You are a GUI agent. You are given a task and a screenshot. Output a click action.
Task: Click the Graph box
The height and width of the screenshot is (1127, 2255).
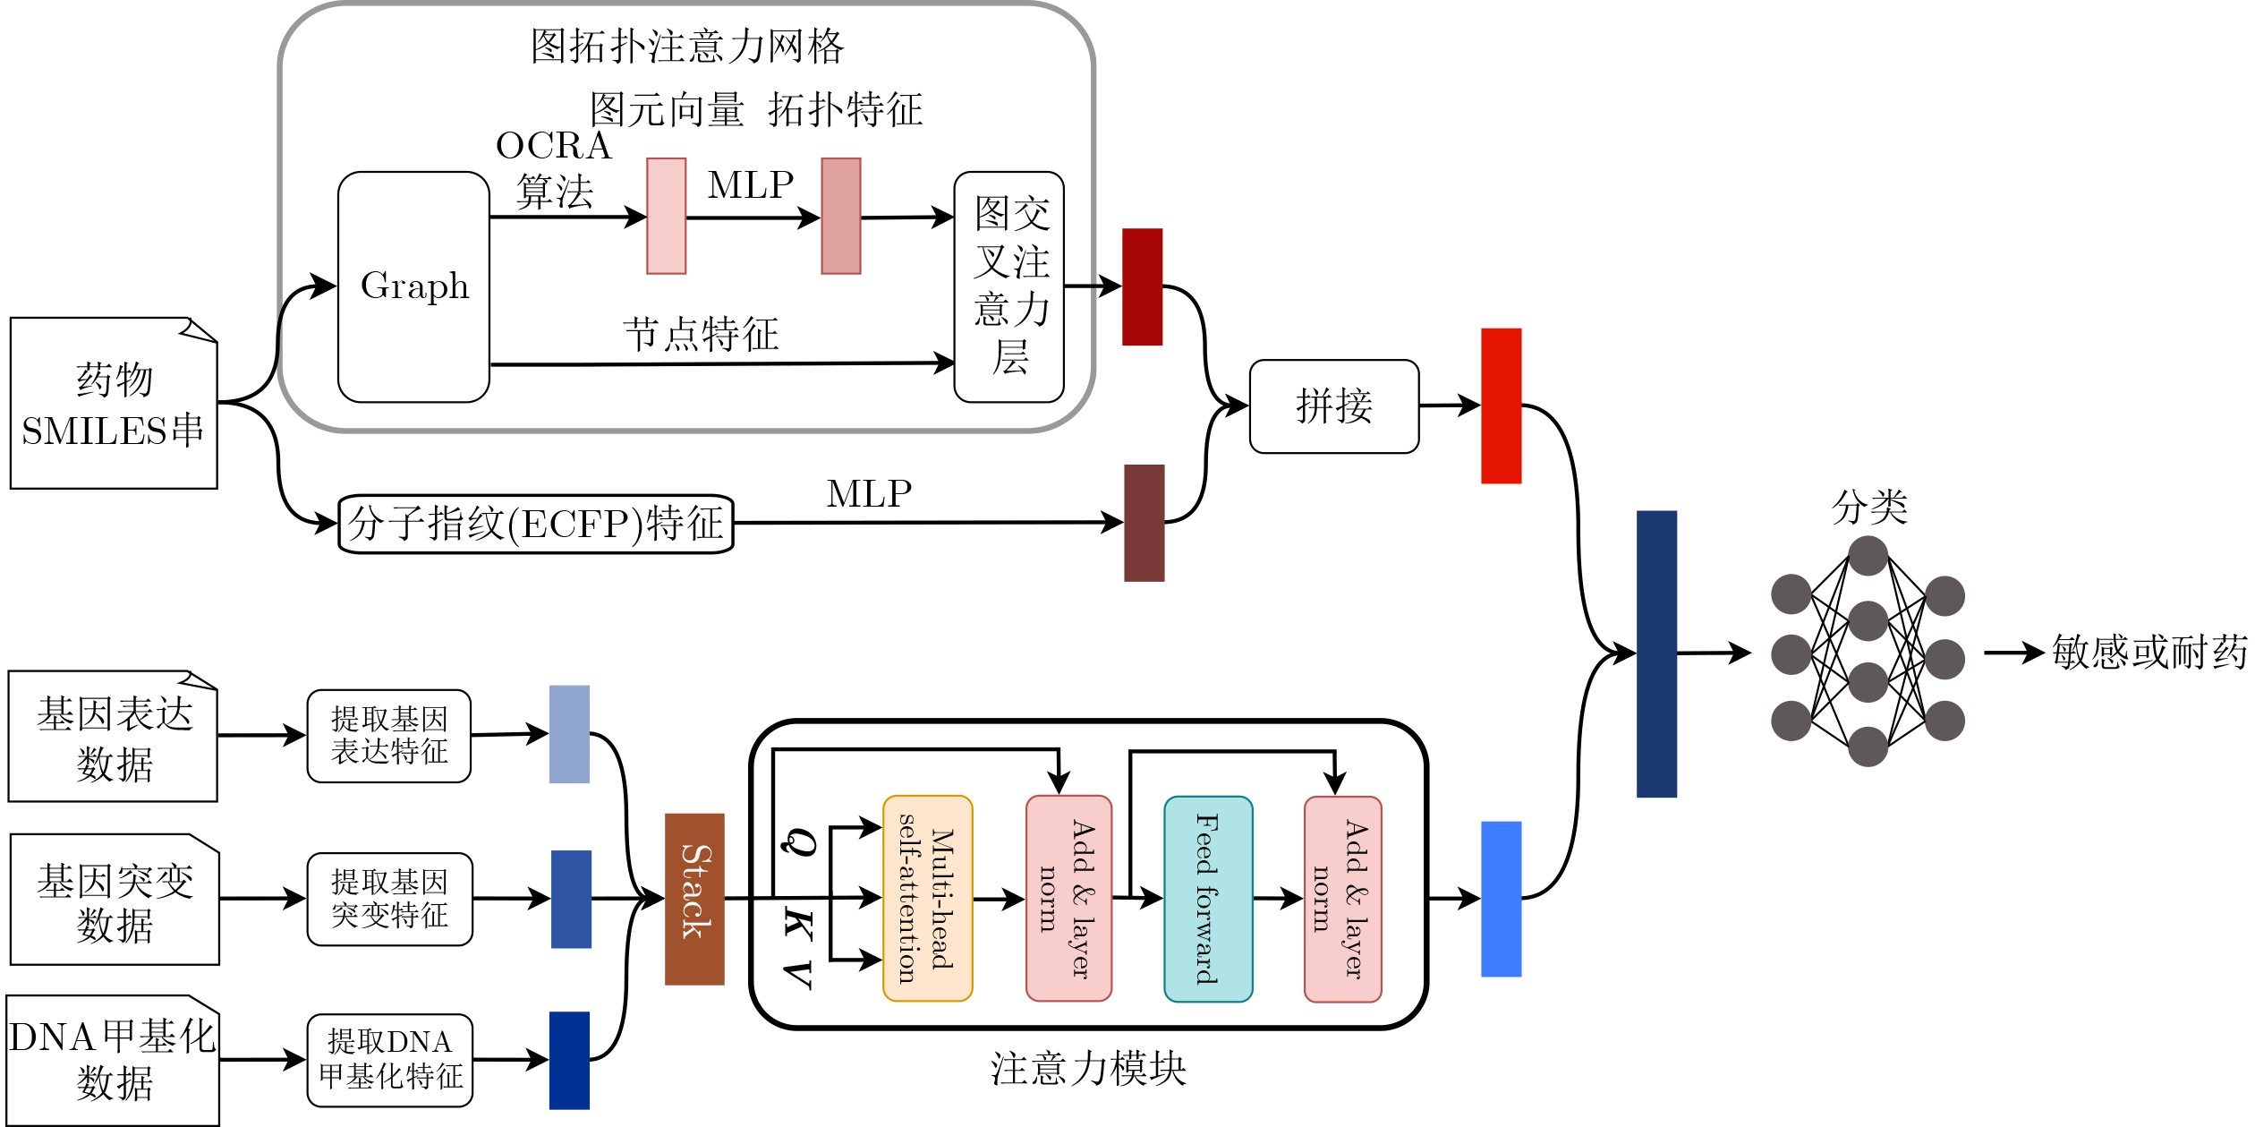pos(413,286)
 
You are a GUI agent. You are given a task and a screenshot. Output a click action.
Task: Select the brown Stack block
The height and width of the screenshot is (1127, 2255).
pos(694,899)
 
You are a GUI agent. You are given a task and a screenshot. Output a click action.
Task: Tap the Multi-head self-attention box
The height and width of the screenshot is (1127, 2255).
pos(928,898)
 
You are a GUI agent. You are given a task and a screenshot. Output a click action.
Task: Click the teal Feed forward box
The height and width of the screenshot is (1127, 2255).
pos(1208,899)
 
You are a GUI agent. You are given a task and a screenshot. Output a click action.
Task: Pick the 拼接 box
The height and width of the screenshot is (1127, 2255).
pos(1334,406)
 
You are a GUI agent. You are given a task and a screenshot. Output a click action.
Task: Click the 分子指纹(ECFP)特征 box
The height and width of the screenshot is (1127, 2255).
pos(536,524)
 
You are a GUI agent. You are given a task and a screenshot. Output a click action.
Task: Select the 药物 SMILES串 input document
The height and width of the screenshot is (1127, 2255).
pos(114,403)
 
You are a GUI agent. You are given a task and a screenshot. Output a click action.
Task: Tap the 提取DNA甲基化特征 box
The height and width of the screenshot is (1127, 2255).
pos(390,1060)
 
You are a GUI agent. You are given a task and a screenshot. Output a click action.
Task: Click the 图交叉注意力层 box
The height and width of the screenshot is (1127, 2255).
pos(1009,286)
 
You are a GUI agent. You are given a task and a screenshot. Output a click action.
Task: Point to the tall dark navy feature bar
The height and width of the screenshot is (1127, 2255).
pos(1656,653)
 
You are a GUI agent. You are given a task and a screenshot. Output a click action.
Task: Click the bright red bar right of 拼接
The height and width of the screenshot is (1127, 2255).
pos(1502,406)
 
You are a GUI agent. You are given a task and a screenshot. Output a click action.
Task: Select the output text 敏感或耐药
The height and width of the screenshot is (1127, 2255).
pos(2149,653)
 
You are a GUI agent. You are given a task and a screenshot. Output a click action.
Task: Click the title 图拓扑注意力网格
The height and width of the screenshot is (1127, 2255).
pos(687,47)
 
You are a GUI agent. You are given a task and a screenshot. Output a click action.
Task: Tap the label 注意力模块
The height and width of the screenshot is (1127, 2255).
pos(1088,1069)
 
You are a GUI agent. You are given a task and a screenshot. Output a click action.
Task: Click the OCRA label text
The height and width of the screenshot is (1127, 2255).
pos(554,146)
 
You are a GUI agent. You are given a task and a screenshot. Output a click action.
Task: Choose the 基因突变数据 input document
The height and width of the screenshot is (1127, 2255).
pos(115,899)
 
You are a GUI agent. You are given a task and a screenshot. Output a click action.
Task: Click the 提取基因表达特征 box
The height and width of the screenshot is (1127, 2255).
pos(389,736)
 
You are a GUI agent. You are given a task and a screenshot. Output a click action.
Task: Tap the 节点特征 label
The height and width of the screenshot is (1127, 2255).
pos(702,335)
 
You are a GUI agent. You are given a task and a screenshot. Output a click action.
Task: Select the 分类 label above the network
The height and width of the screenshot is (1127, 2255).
pos(1869,508)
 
